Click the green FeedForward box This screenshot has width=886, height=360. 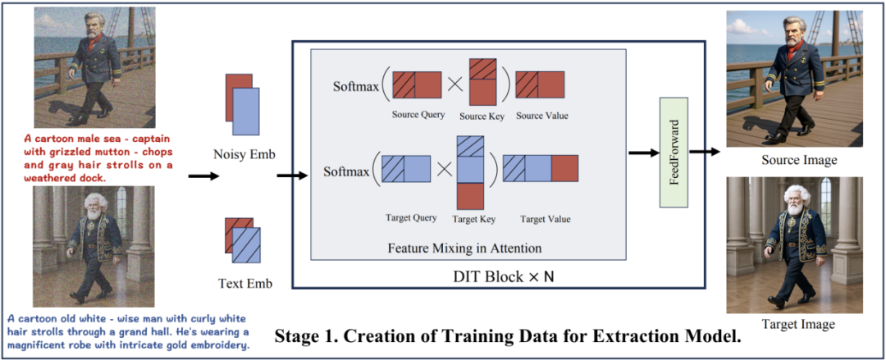pos(673,152)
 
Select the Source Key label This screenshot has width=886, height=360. pos(481,116)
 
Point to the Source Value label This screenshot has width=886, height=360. pos(542,116)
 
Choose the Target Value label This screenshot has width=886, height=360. pos(545,219)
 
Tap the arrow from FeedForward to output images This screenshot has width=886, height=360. pos(704,151)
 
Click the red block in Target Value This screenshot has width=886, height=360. pos(564,169)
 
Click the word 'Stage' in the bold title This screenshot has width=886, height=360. pos(299,335)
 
